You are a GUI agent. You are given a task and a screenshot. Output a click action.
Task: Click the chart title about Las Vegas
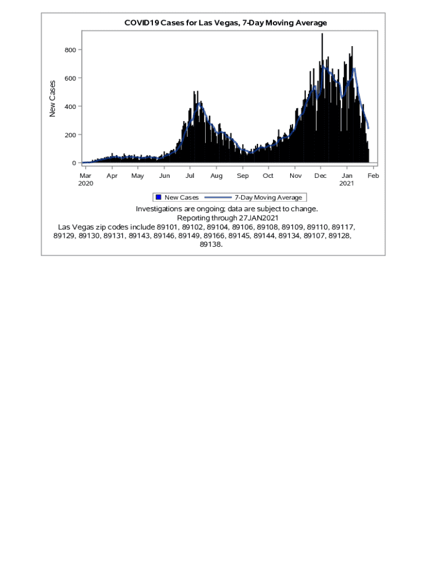226,23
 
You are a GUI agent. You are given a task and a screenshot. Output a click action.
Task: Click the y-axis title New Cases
53,98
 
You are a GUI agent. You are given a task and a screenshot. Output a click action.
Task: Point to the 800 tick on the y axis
70,50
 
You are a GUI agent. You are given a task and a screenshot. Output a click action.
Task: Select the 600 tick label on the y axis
70,78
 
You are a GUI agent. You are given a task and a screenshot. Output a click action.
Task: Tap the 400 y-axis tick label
70,107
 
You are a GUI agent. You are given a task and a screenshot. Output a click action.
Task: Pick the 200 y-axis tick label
70,135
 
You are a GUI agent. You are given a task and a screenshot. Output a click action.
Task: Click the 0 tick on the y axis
74,163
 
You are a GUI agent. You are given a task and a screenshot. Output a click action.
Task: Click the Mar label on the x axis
86,176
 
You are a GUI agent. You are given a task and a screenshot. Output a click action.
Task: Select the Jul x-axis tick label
190,176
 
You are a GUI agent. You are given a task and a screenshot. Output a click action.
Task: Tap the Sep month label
242,176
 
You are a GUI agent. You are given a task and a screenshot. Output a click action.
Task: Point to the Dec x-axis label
320,176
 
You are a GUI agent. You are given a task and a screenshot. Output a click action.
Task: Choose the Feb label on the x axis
373,176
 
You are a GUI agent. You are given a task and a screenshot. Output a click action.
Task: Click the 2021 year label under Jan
346,183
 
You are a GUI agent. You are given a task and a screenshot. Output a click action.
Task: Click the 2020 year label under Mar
86,183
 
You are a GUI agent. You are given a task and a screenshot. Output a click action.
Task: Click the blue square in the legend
158,197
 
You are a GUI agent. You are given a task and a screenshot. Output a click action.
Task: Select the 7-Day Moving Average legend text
268,197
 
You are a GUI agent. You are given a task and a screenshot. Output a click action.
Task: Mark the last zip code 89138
211,244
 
